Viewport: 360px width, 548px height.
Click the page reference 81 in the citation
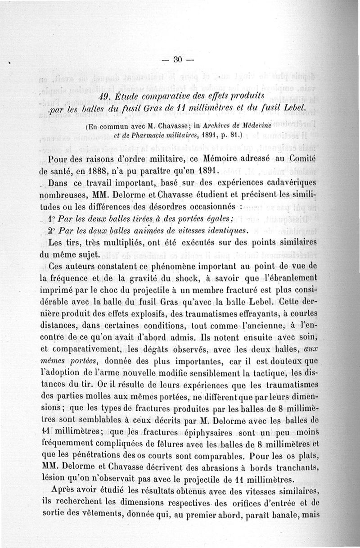click(x=234, y=134)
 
